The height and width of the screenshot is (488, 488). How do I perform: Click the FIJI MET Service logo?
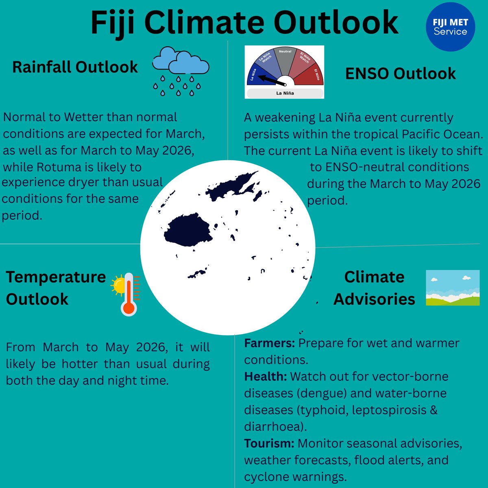click(450, 27)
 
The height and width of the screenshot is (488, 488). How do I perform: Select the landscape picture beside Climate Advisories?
click(453, 288)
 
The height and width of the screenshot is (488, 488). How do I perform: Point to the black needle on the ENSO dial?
click(272, 80)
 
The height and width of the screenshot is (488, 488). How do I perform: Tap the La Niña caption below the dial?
click(285, 93)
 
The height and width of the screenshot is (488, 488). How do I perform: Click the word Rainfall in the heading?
click(42, 67)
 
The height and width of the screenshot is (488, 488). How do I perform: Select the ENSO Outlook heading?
click(400, 74)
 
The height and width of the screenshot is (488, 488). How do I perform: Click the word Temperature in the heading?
click(56, 277)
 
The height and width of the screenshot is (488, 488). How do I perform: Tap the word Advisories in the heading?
click(374, 299)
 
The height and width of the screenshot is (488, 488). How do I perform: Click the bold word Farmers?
click(269, 343)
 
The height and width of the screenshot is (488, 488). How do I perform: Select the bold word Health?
click(266, 377)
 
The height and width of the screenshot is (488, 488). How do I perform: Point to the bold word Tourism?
click(269, 443)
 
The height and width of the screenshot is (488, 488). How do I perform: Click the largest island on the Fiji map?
click(188, 230)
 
